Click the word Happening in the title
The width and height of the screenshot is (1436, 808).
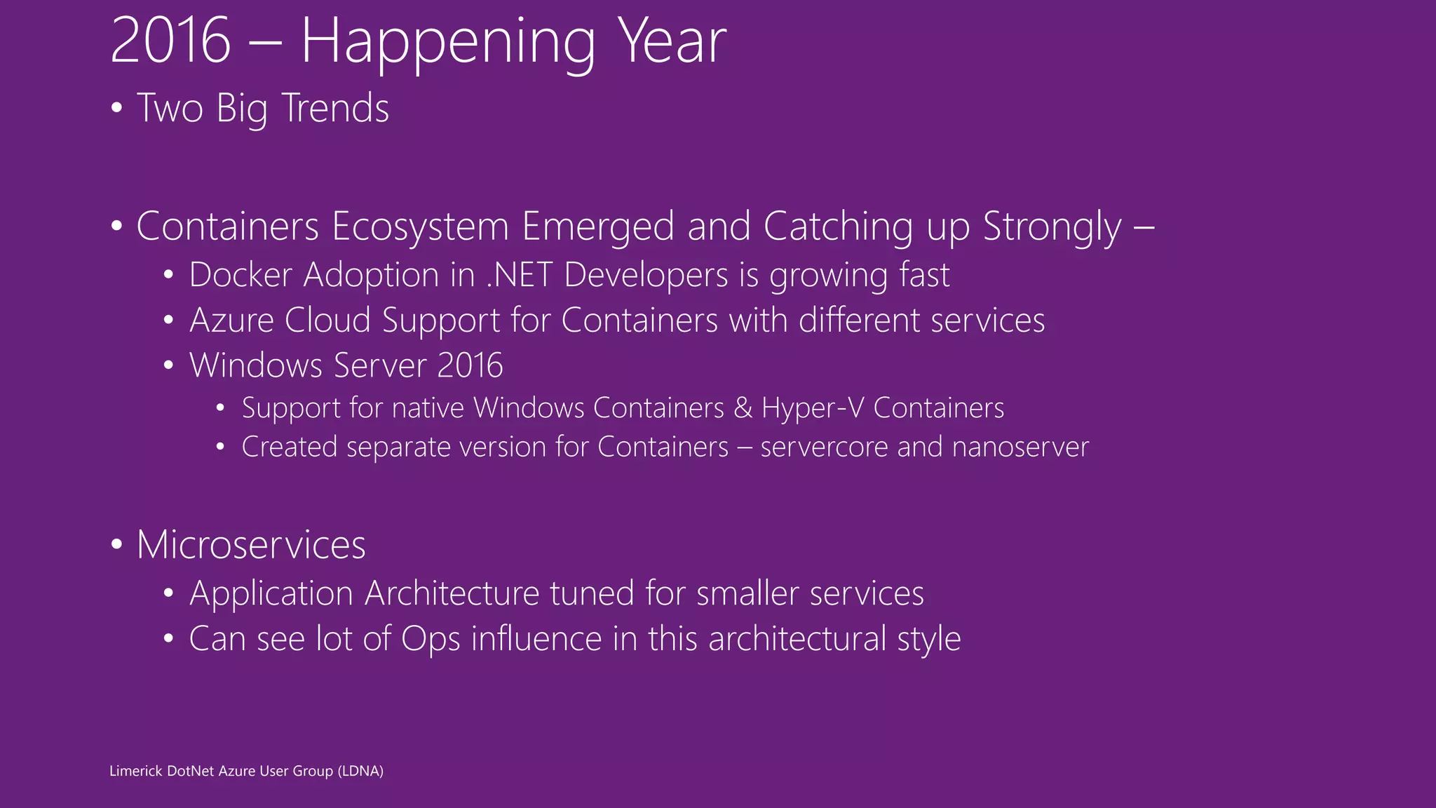(x=448, y=43)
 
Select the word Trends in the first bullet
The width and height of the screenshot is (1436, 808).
(x=335, y=109)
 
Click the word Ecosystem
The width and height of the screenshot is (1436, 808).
(x=420, y=227)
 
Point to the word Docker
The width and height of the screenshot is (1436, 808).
(x=240, y=274)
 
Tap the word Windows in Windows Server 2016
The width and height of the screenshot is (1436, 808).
(x=256, y=365)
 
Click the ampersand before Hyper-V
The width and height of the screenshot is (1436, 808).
(x=743, y=408)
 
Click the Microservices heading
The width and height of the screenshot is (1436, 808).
(x=250, y=545)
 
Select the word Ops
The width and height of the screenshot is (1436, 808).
(x=430, y=640)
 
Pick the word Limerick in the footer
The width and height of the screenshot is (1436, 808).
(x=135, y=771)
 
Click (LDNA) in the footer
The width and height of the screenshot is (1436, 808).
(x=360, y=771)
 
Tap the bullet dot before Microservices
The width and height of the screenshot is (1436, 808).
(x=116, y=545)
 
